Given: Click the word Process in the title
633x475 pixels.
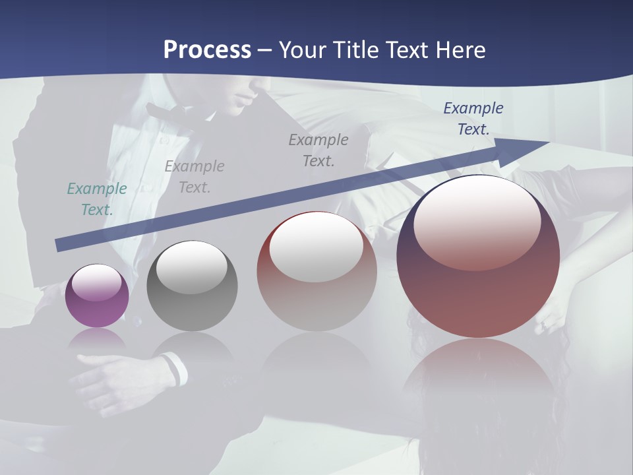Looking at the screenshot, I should coord(207,50).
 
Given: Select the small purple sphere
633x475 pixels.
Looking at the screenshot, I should coord(97,296).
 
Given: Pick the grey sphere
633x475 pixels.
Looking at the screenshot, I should coord(192,286).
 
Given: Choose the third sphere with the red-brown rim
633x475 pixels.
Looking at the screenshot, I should coord(316,271).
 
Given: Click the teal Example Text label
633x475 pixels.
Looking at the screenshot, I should coord(97,199).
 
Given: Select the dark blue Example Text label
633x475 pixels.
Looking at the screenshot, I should coord(473,118).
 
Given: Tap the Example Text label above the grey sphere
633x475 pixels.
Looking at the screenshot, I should coord(195,176).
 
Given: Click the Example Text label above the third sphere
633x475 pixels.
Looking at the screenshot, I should coord(318,150).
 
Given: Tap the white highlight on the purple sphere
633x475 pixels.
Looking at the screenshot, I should coord(97,283).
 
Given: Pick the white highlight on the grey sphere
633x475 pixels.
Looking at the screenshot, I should coord(191,267).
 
